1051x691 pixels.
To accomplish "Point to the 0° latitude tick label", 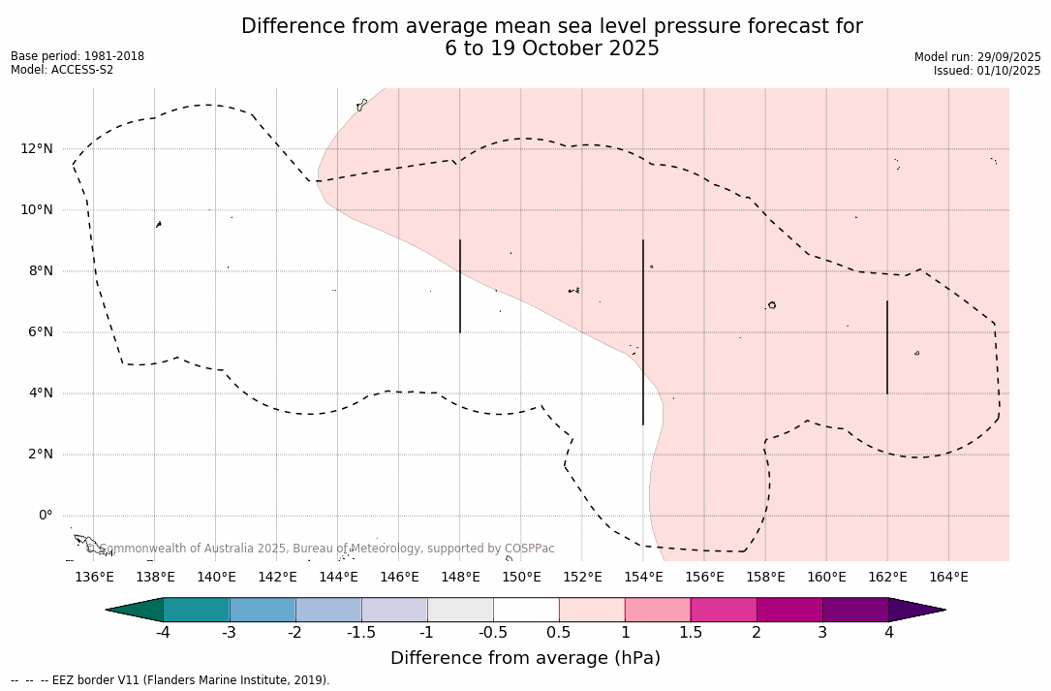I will pyautogui.click(x=46, y=516).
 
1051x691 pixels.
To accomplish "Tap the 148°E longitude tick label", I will pyautogui.click(x=460, y=578).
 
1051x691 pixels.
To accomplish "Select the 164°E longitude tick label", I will pyautogui.click(x=948, y=578).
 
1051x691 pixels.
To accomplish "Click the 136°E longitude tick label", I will pyautogui.click(x=94, y=578).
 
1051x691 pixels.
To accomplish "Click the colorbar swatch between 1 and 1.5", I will pyautogui.click(x=658, y=610).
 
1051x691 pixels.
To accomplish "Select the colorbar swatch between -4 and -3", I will pyautogui.click(x=197, y=610).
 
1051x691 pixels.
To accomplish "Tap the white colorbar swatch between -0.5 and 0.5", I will pyautogui.click(x=526, y=610).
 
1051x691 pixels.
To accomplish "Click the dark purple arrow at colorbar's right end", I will pyautogui.click(x=915, y=610).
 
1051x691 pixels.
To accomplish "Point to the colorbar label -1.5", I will pyautogui.click(x=361, y=633).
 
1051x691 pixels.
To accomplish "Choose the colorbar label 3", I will pyautogui.click(x=822, y=633).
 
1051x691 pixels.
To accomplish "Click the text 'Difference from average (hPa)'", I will pyautogui.click(x=525, y=659).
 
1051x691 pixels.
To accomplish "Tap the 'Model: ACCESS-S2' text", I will pyautogui.click(x=62, y=70).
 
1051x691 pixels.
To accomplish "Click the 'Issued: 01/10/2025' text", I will pyautogui.click(x=987, y=71).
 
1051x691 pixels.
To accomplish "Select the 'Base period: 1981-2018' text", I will pyautogui.click(x=77, y=56).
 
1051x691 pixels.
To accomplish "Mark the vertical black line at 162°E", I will pyautogui.click(x=887, y=347).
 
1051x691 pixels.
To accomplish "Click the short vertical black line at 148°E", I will pyautogui.click(x=460, y=286).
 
